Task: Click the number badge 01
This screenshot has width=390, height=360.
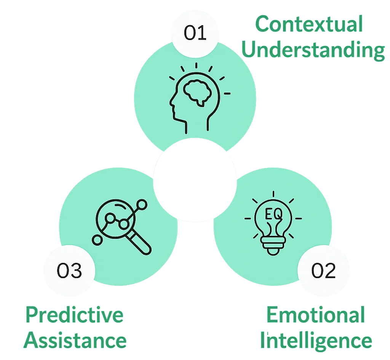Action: (195, 34)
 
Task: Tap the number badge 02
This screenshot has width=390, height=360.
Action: (323, 271)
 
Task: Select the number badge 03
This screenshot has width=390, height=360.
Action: (69, 271)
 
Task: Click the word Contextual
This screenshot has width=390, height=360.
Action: (308, 25)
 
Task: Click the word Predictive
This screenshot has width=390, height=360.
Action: (75, 315)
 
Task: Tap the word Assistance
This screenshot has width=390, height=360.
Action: (75, 340)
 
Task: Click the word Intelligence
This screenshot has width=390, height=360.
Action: (316, 340)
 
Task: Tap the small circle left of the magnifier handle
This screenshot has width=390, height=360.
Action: (97, 240)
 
